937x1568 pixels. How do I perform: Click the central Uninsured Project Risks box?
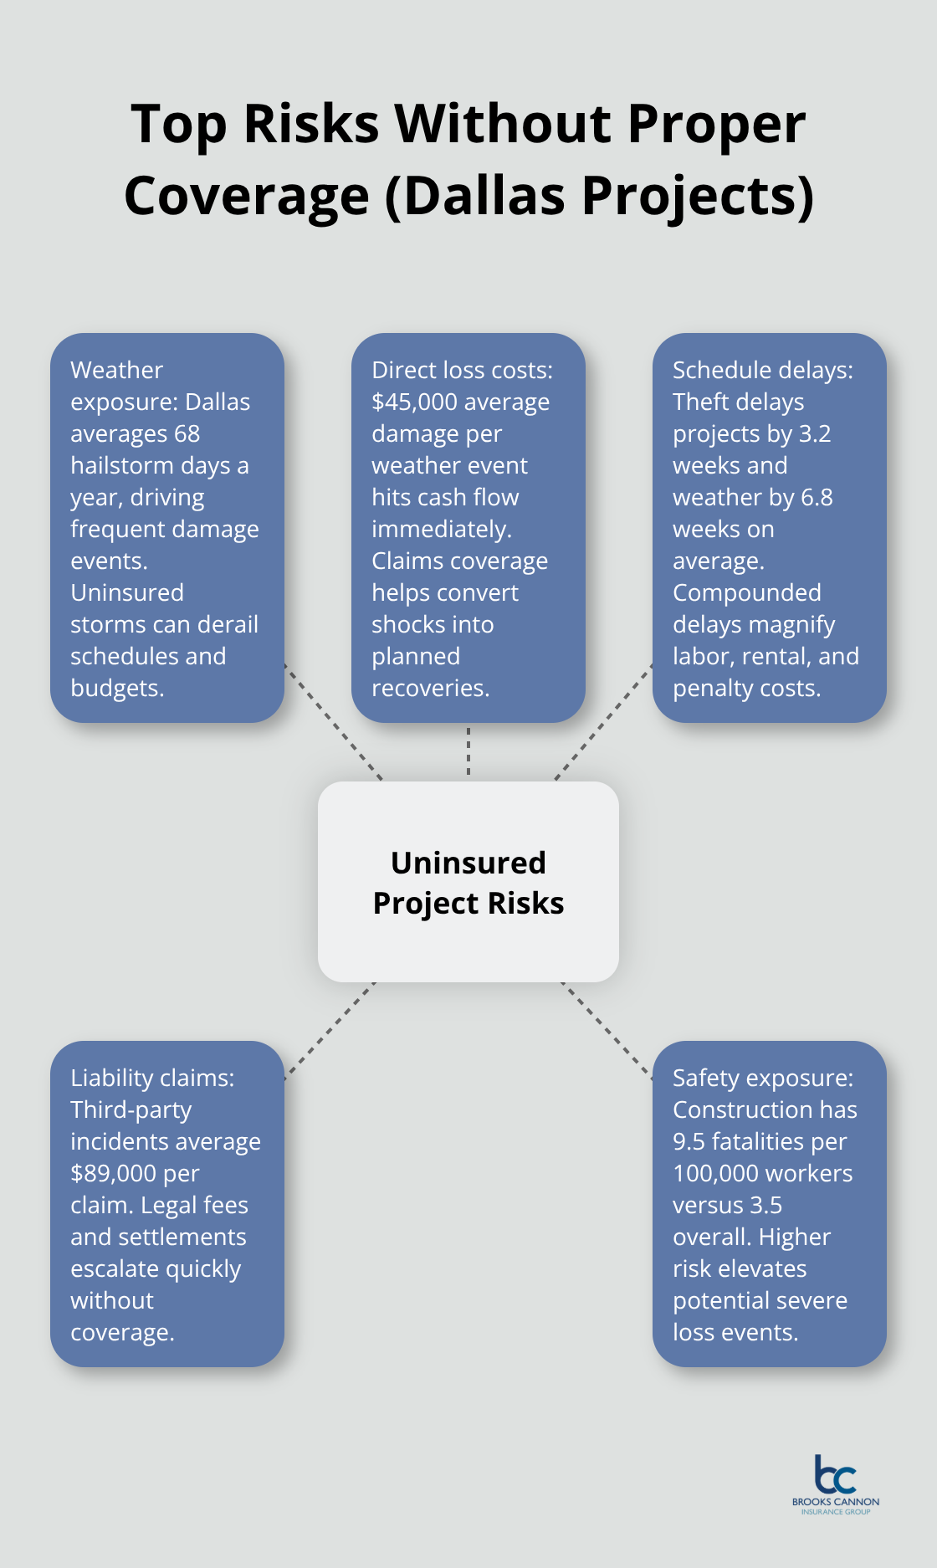click(x=468, y=882)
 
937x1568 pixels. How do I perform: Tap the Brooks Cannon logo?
click(x=836, y=1484)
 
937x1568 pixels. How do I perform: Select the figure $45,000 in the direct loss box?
click(x=415, y=402)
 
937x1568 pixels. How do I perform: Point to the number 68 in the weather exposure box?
click(x=187, y=434)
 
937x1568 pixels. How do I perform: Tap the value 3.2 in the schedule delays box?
click(x=815, y=434)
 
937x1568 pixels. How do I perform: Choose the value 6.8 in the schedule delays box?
click(x=817, y=498)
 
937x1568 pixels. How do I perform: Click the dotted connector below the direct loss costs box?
click(x=468, y=751)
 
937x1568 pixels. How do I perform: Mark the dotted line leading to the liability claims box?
click(x=330, y=1031)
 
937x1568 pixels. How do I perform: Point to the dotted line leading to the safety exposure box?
click(x=607, y=1031)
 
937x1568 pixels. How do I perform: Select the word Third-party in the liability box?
click(x=131, y=1110)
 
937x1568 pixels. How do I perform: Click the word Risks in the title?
click(x=311, y=124)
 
